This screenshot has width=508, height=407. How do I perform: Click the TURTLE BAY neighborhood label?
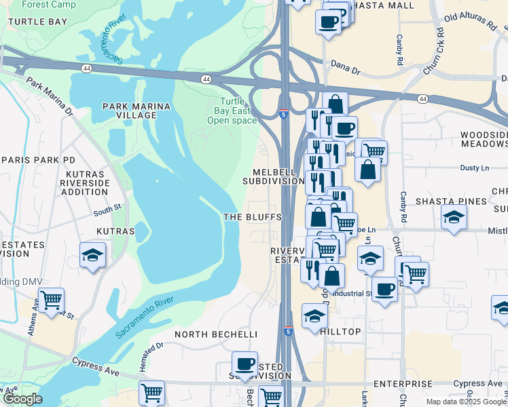pos(37,22)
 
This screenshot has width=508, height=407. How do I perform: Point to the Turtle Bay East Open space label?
pos(232,111)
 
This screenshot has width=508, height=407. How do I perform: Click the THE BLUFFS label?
pos(253,216)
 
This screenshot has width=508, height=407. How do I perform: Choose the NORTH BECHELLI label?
pos(216,334)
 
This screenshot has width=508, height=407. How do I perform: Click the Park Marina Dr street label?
pos(49,97)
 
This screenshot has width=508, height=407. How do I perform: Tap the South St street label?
pos(107,211)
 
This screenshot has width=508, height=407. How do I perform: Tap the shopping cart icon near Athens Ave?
pos(51,299)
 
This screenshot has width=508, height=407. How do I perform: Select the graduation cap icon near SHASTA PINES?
pos(454,218)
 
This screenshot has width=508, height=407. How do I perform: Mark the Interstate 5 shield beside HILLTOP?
pos(288,332)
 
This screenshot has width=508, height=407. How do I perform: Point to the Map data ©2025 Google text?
pos(466,402)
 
